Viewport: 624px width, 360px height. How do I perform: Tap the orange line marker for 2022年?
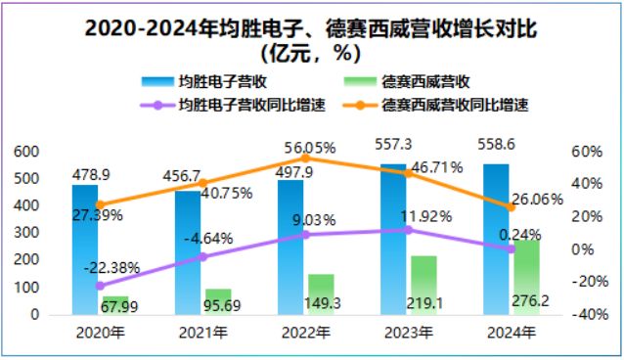tap(305, 157)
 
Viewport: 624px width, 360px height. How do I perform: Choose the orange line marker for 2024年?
tap(511, 206)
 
